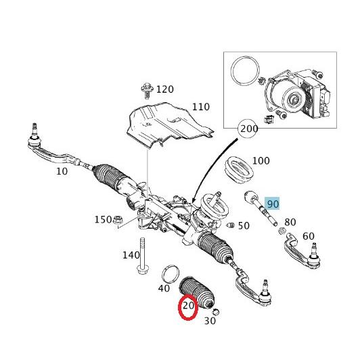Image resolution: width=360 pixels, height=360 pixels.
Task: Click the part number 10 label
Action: click(62, 171)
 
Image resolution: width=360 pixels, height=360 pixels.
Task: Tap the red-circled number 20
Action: click(188, 306)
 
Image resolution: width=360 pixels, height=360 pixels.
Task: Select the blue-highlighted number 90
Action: click(273, 204)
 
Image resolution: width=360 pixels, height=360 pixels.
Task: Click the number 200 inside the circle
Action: click(249, 129)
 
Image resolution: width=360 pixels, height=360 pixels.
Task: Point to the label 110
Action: click(201, 107)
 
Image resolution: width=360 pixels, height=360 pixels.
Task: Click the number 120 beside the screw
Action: click(165, 89)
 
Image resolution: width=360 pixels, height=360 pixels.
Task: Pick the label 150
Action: click(103, 219)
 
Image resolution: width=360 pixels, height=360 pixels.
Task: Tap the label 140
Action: click(131, 255)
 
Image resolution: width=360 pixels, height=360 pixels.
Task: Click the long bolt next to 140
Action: click(143, 256)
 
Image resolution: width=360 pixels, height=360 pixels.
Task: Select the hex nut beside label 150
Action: click(118, 220)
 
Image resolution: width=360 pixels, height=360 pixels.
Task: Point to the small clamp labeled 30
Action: click(216, 312)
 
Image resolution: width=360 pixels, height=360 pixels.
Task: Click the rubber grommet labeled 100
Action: click(239, 170)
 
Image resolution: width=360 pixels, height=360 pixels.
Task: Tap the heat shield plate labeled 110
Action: click(170, 125)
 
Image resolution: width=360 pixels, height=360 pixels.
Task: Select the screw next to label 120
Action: click(147, 91)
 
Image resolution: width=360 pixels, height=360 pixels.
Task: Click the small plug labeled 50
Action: click(231, 225)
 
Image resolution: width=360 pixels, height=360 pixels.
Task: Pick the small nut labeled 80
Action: click(282, 231)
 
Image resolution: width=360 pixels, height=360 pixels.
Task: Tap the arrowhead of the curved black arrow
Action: click(194, 200)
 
